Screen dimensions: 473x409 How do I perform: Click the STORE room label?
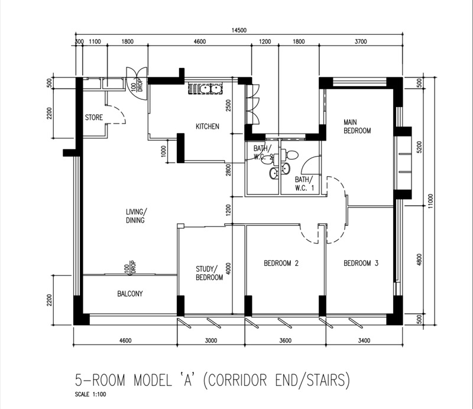(94, 118)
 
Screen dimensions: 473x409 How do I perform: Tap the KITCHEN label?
(208, 126)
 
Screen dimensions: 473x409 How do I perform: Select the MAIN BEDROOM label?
(357, 126)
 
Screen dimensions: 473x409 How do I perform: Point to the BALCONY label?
(130, 294)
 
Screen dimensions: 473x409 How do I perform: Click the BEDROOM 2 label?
(281, 264)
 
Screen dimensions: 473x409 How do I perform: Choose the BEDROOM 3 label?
(361, 264)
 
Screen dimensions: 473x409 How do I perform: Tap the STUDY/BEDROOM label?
(209, 273)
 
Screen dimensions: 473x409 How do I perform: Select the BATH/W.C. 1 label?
(304, 184)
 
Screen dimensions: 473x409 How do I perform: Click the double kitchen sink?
(205, 89)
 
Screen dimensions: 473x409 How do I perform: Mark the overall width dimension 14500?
(239, 30)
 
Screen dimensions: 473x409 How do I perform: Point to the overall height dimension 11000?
(430, 201)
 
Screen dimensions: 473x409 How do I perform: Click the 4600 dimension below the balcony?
(125, 341)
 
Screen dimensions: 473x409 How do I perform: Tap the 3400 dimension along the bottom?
(364, 341)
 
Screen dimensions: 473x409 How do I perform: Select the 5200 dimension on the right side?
(419, 147)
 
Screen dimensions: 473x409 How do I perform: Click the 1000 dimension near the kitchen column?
(164, 151)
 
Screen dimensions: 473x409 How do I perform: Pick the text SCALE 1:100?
(90, 394)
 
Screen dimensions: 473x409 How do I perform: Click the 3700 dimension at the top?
(361, 41)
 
